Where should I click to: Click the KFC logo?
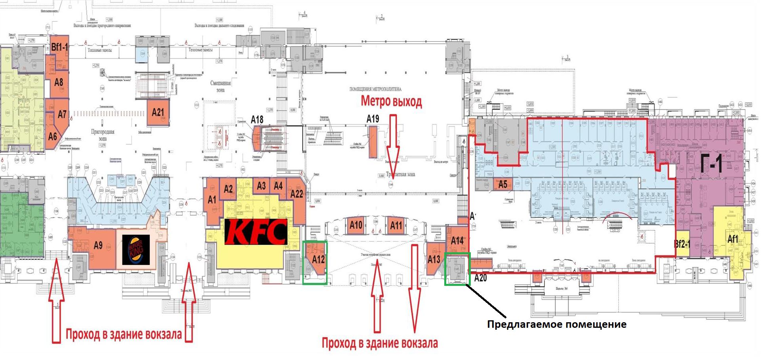tap(256, 232)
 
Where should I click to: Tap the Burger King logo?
tap(136, 249)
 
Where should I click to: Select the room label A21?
tap(158, 112)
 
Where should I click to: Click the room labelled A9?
tap(98, 245)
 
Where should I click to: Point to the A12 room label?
tap(318, 259)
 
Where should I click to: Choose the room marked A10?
tap(356, 225)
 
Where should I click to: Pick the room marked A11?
tap(396, 225)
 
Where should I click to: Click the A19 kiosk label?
tap(373, 119)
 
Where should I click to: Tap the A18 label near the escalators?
tap(257, 119)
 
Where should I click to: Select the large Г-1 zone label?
tap(712, 163)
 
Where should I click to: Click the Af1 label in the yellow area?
tap(733, 239)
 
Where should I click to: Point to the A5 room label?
tap(502, 184)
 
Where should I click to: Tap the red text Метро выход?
tap(391, 101)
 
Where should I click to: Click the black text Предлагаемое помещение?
tap(556, 325)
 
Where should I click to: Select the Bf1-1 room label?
tap(59, 47)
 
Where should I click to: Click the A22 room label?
tap(297, 194)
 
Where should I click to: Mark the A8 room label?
tap(59, 82)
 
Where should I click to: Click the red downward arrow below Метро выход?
tap(393, 142)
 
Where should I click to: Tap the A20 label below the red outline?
tap(480, 278)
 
